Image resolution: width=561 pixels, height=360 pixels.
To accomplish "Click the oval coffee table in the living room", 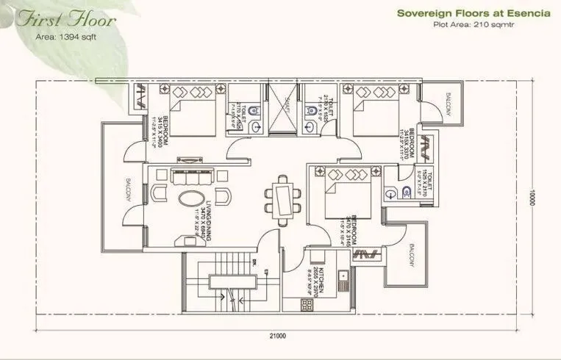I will pos(194,200).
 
